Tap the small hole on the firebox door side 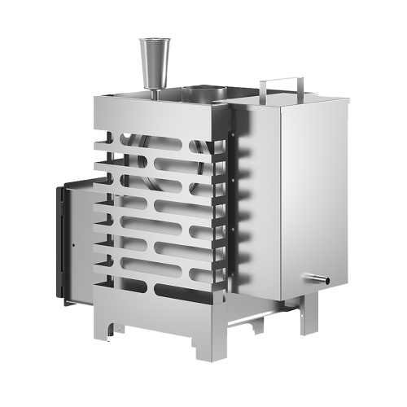tap(72, 242)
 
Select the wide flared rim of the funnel tap(152, 41)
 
